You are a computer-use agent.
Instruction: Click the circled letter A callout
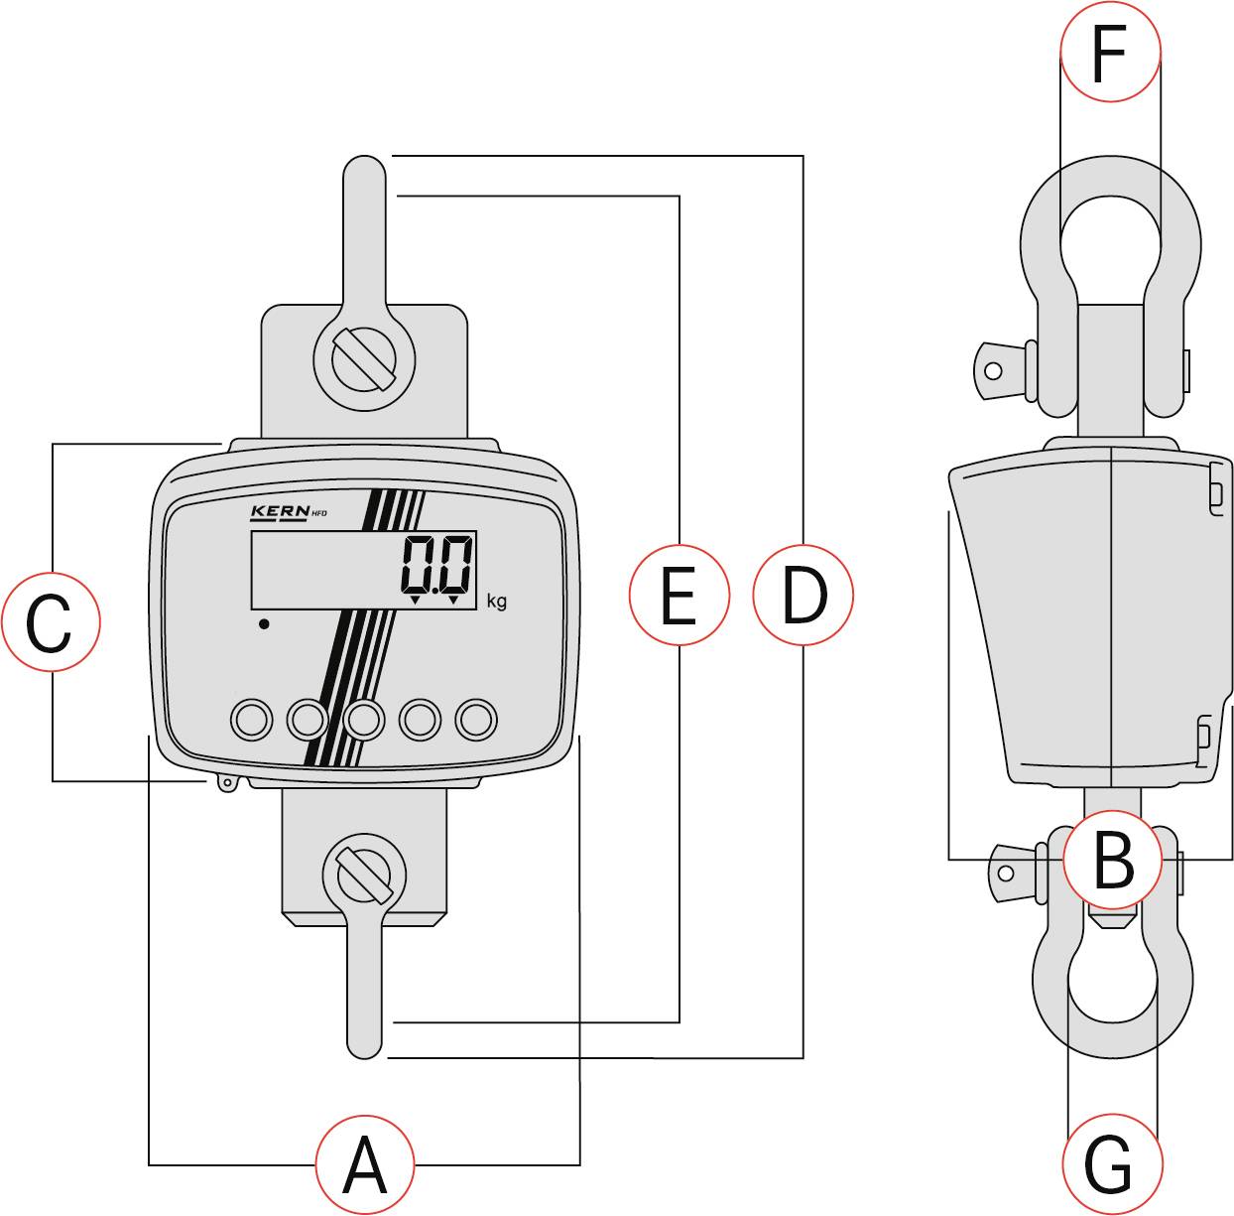coord(364,1164)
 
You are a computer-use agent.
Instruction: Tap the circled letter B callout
coord(1112,859)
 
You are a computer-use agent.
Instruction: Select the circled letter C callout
coord(50,620)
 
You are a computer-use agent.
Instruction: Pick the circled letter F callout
coord(1110,52)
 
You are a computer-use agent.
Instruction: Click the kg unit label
coord(497,602)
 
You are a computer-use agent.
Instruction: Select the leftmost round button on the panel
coord(251,719)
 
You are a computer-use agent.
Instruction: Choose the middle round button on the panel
coord(364,719)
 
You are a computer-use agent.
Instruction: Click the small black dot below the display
coord(264,623)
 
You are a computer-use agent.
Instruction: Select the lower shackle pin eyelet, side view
coord(1006,873)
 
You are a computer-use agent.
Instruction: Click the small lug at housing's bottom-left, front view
coord(226,783)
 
